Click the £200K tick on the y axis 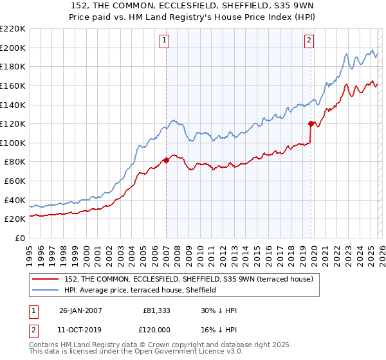point(13,48)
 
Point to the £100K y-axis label point(13,143)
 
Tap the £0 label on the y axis point(19,238)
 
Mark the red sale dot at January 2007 point(166,160)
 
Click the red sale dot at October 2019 point(311,123)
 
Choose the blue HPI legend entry point(141,291)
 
